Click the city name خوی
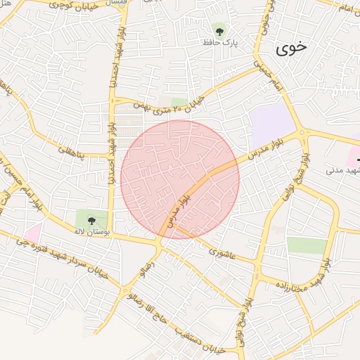tap(291, 49)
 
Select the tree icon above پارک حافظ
tap(219, 30)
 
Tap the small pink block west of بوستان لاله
tap(32, 231)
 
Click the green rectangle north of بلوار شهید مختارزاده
tap(307, 245)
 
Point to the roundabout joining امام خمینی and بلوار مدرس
tap(302, 132)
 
